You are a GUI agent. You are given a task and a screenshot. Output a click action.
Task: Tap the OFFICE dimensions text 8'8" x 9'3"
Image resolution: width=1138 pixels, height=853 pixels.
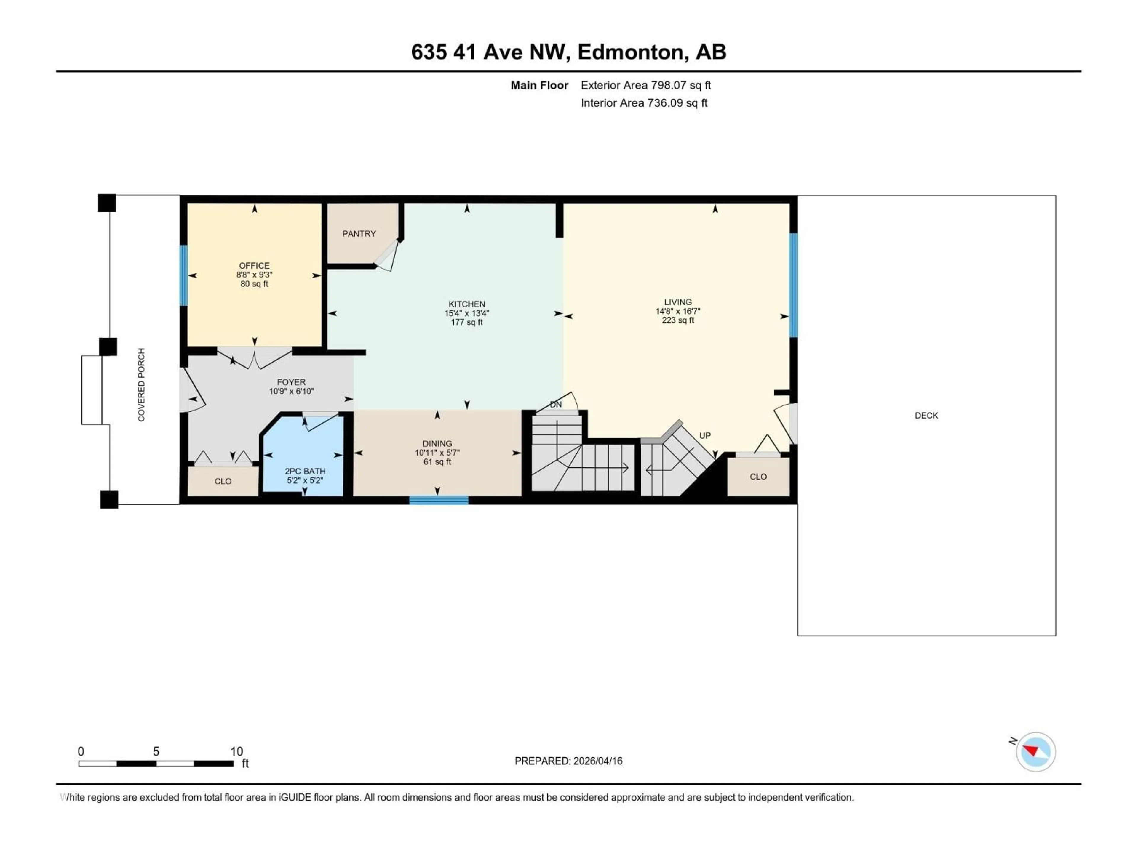(x=254, y=275)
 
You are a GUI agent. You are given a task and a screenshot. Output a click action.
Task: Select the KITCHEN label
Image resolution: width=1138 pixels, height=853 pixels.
(x=467, y=304)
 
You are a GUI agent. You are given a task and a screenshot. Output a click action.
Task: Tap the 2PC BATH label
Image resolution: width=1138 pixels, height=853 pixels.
(x=305, y=471)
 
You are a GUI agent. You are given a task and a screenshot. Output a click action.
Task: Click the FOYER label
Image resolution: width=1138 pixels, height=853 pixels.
(x=291, y=382)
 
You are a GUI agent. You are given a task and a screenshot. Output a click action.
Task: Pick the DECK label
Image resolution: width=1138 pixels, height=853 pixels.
(x=926, y=416)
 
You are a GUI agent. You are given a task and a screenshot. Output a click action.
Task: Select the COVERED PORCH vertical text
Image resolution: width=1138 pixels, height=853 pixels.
(x=141, y=385)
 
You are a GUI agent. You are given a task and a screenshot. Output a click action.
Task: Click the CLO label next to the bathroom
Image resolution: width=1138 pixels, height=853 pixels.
(x=223, y=481)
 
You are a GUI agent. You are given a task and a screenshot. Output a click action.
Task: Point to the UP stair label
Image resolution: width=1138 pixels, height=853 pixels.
(x=705, y=435)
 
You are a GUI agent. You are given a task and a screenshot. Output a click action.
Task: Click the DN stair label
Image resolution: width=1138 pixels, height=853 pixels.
(x=556, y=405)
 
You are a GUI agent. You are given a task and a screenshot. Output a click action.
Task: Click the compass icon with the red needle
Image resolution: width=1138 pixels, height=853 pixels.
(x=1036, y=752)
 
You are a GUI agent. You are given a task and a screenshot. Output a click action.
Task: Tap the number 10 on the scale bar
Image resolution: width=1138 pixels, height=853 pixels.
(x=236, y=751)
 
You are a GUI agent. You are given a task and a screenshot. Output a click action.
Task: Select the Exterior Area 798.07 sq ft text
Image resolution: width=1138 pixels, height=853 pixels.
(x=646, y=85)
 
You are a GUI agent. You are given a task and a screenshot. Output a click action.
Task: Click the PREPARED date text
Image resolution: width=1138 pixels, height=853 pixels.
(x=568, y=761)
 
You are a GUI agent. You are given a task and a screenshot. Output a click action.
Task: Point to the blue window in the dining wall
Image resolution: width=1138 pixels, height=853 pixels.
(x=438, y=500)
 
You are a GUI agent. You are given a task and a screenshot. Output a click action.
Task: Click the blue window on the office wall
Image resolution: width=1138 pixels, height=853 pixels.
(x=183, y=275)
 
